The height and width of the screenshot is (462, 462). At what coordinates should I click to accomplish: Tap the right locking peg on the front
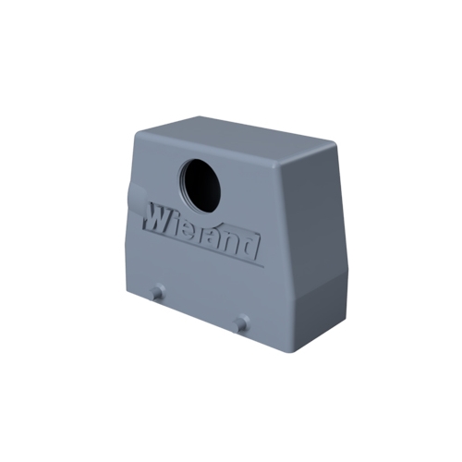241,323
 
